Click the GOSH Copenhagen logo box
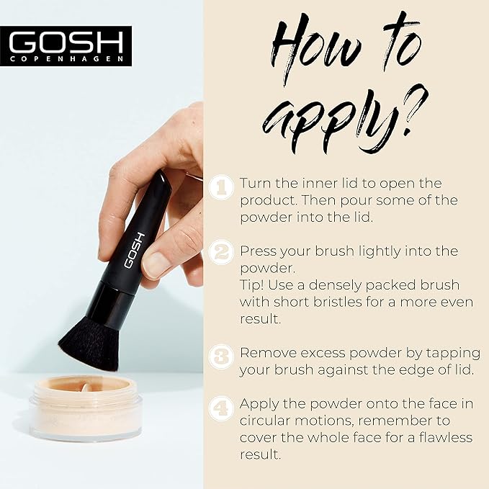click(x=66, y=46)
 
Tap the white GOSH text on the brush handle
click(x=135, y=251)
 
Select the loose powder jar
click(x=86, y=408)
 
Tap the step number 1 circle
click(x=221, y=187)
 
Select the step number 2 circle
click(x=221, y=252)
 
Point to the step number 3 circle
click(x=221, y=356)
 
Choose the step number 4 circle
click(x=221, y=408)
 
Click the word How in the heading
click(x=315, y=50)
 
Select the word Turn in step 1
click(x=256, y=184)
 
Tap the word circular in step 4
click(x=265, y=421)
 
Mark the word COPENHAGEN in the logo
click(x=66, y=59)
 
